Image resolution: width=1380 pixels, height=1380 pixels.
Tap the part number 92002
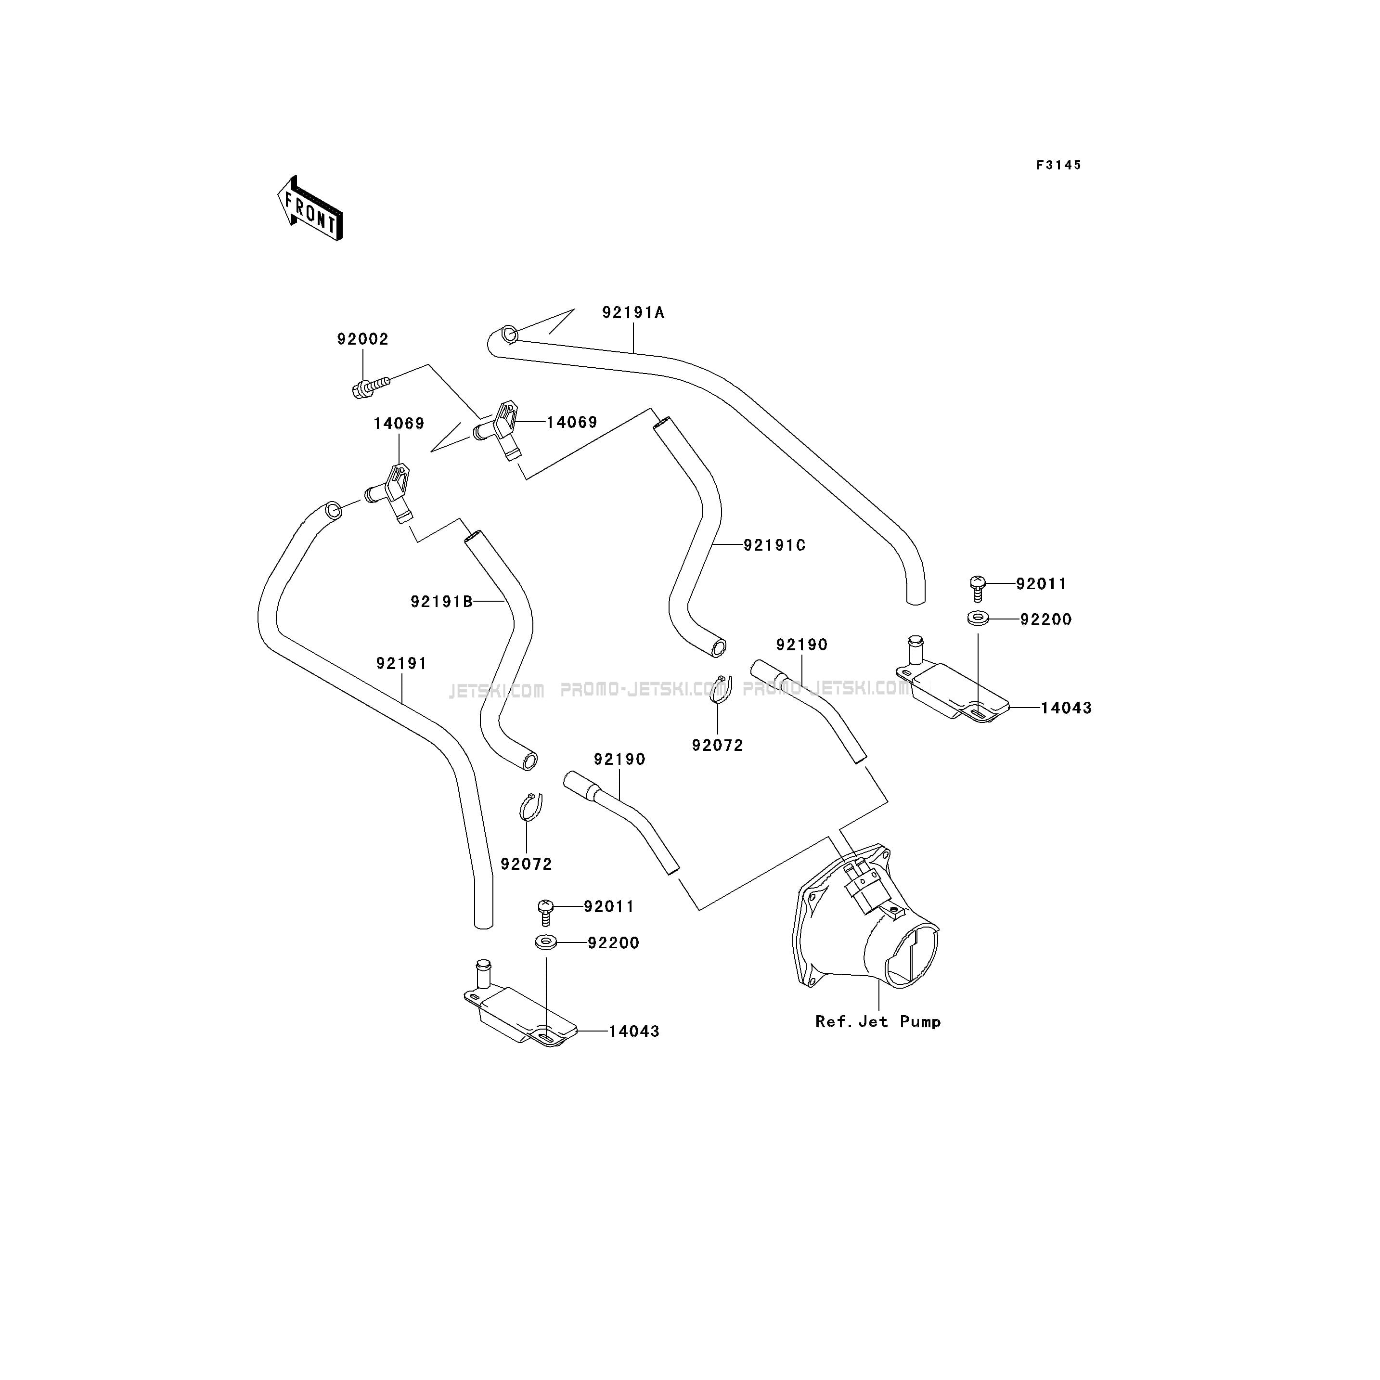pyautogui.click(x=363, y=339)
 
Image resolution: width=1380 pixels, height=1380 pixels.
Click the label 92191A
pyautogui.click(x=633, y=313)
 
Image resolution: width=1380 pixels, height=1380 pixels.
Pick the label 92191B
pyautogui.click(x=441, y=601)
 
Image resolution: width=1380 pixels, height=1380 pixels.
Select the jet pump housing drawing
pyautogui.click(x=866, y=918)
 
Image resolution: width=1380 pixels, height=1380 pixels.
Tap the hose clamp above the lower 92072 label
pyautogui.click(x=530, y=807)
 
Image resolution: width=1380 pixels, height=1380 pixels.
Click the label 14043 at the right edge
pyautogui.click(x=1066, y=708)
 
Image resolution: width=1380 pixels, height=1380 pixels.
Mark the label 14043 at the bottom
pyautogui.click(x=633, y=1032)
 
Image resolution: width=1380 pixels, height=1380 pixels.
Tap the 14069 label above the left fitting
pyautogui.click(x=399, y=424)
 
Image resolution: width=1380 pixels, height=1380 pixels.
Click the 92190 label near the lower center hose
pyautogui.click(x=619, y=759)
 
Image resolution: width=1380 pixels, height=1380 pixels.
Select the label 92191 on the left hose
pyautogui.click(x=401, y=664)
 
